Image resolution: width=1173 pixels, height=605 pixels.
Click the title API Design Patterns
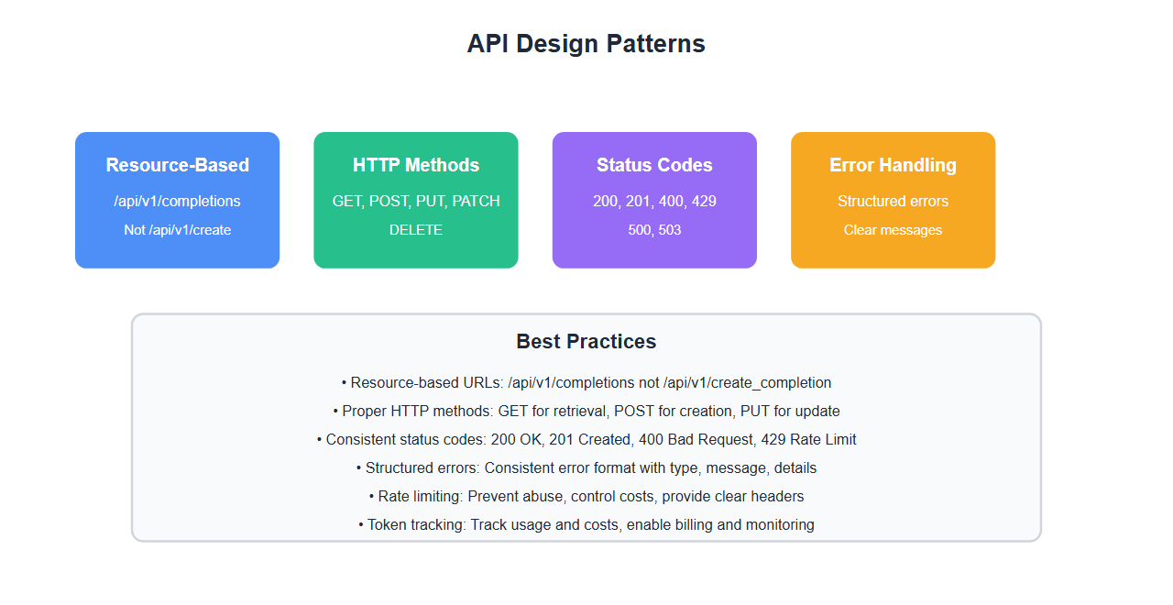586,44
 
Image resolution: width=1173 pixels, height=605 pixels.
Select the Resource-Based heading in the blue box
177,165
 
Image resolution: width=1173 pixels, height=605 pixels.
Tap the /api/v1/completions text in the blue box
177,201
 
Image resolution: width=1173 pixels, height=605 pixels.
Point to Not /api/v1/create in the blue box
177,230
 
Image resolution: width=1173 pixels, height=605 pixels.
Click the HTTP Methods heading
416,165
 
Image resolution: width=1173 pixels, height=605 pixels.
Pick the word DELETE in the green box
416,230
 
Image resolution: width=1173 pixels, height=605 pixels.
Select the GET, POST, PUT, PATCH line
416,201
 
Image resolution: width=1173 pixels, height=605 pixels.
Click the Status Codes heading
654,165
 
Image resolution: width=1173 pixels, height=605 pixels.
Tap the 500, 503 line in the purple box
654,230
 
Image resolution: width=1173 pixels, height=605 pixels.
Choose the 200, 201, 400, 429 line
654,201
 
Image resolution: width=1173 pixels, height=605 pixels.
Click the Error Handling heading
893,165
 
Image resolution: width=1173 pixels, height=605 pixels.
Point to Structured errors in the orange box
893,201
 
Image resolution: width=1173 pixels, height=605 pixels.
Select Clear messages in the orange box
893,230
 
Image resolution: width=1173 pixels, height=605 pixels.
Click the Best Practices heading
586,342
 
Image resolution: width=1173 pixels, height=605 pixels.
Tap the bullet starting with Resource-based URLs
586,383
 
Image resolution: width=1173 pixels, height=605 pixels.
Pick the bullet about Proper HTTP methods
586,412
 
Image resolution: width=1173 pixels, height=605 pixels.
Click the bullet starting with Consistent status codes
586,440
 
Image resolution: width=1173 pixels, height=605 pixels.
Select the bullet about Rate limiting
586,497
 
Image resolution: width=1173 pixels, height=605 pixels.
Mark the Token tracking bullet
586,525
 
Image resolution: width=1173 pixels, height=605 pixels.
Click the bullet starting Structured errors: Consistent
586,468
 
